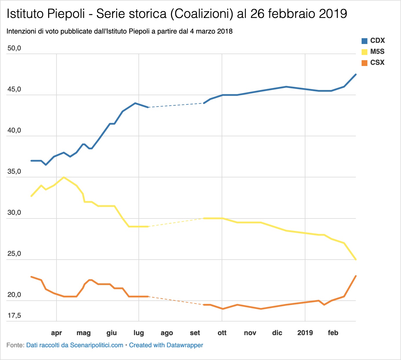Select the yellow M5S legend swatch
[x=364, y=52]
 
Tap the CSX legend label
[x=377, y=63]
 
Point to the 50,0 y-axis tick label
[x=14, y=48]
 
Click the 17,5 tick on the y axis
[x=14, y=315]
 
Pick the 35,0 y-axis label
[x=14, y=171]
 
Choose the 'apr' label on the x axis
[x=56, y=333]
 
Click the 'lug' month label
[x=139, y=333]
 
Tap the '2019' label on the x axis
[x=305, y=333]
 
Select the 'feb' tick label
[x=333, y=333]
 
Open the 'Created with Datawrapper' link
[x=166, y=345]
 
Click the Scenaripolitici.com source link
[x=75, y=345]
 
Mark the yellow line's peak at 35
[x=64, y=177]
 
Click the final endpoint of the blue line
[x=356, y=75]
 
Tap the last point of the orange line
[x=356, y=276]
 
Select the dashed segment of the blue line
[x=176, y=105]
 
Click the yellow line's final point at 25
[x=356, y=260]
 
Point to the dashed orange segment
[x=176, y=301]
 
